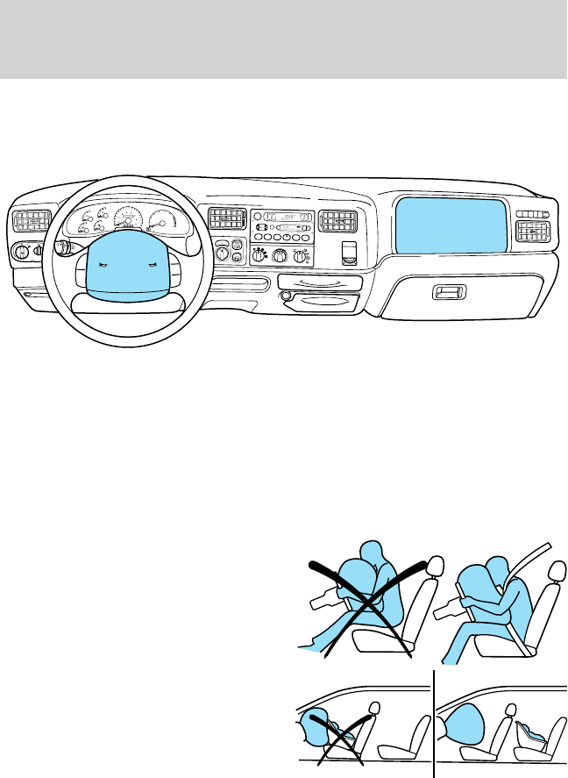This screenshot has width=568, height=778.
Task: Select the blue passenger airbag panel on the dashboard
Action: pos(449,225)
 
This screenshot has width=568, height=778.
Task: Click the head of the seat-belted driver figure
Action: pos(501,568)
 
